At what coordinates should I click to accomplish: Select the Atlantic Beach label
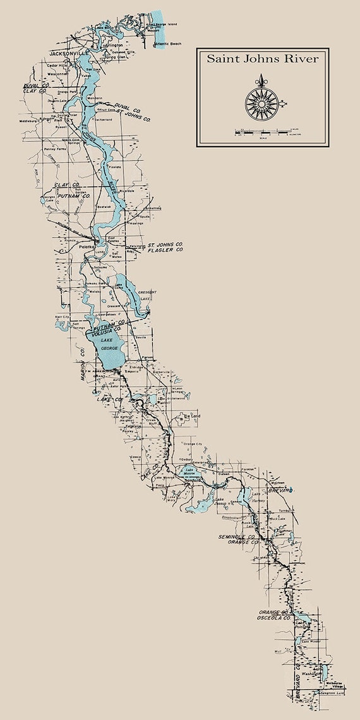(x=167, y=45)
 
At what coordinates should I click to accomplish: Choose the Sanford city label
(x=191, y=480)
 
